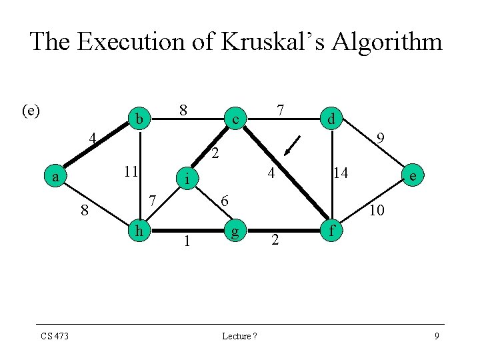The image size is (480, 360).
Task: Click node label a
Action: pos(56,177)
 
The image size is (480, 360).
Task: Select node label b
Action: pos(139,119)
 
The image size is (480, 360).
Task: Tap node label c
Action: pos(235,119)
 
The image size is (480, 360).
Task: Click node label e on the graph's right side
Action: pos(414,176)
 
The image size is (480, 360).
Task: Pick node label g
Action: pos(235,233)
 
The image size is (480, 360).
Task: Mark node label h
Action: pos(139,231)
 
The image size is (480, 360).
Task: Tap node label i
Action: pos(188,178)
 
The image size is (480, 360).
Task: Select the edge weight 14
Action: pos(341,173)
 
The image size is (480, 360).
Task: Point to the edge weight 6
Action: pos(225,201)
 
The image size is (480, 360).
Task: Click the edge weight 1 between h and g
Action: pos(187,241)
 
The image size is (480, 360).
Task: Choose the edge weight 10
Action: pos(376,211)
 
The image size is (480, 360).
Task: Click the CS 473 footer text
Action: pos(54,336)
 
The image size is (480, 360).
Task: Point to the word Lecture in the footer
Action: pos(236,336)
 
